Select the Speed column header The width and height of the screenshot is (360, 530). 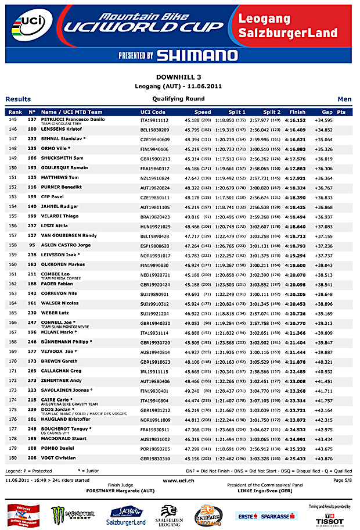(x=203, y=112)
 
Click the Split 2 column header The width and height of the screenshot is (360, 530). (x=272, y=112)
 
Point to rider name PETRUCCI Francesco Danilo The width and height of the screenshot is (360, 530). (x=73, y=119)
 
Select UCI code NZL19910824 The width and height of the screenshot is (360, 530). (x=155, y=177)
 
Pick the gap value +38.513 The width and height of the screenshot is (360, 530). (x=323, y=275)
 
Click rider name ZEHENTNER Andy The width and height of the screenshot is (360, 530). (x=60, y=380)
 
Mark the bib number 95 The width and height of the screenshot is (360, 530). (x=33, y=245)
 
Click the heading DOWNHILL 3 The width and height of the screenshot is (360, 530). (x=179, y=77)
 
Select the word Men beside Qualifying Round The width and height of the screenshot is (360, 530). (x=344, y=99)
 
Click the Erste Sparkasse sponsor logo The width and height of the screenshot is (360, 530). (x=262, y=515)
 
